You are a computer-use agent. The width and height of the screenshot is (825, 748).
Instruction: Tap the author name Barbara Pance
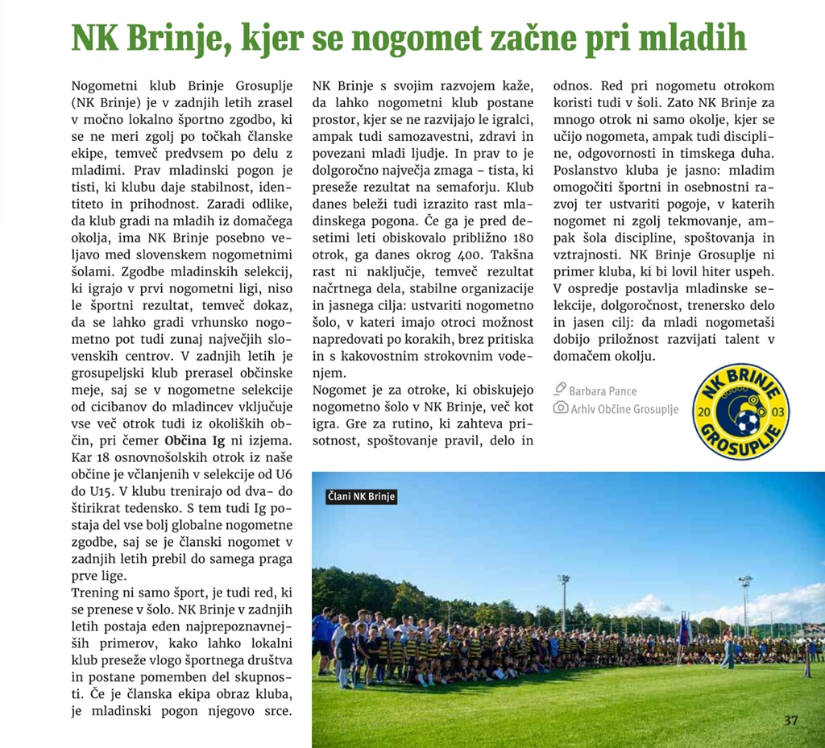pyautogui.click(x=603, y=391)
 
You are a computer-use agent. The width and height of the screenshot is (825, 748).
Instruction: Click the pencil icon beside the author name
pyautogui.click(x=561, y=390)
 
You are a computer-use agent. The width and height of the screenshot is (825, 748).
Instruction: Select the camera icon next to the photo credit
pyautogui.click(x=561, y=408)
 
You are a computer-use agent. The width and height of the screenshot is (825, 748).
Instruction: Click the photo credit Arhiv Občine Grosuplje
pyautogui.click(x=624, y=409)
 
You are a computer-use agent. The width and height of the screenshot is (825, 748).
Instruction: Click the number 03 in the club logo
pyautogui.click(x=777, y=412)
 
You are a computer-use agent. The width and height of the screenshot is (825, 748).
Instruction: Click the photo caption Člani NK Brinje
pyautogui.click(x=362, y=497)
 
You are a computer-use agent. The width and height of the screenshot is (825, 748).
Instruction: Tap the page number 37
pyautogui.click(x=791, y=721)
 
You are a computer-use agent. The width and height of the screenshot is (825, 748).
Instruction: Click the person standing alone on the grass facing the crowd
pyautogui.click(x=728, y=649)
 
